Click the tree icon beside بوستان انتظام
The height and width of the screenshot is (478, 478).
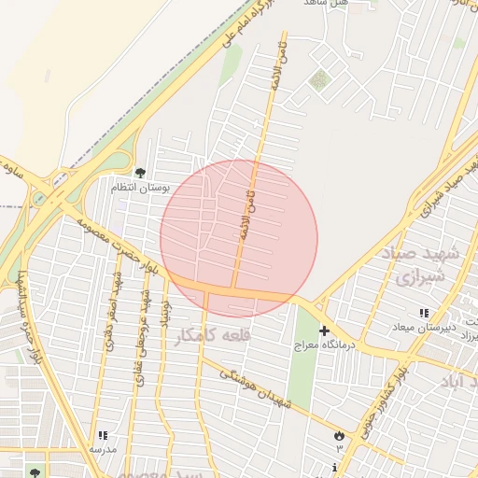140,173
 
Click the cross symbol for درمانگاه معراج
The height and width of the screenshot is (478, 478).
324,330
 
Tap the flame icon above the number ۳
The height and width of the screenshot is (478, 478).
338,435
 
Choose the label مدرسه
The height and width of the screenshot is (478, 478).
102,449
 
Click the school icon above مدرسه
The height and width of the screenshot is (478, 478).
102,435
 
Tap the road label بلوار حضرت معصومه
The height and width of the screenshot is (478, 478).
135,247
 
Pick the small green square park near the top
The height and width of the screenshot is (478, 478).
320,80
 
